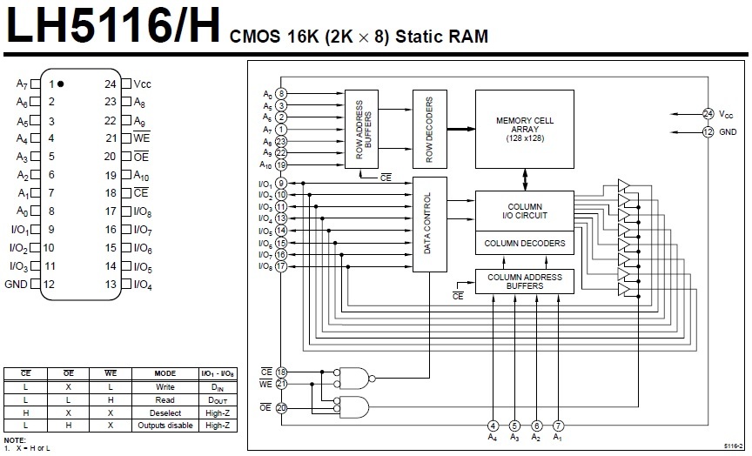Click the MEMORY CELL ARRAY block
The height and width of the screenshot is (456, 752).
point(524,129)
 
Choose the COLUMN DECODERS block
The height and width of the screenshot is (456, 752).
point(524,243)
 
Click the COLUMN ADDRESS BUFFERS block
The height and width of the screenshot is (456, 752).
point(524,281)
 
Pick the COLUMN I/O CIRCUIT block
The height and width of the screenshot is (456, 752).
point(524,210)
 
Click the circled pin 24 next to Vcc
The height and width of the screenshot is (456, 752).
point(708,113)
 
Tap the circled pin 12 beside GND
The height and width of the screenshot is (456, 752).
point(708,131)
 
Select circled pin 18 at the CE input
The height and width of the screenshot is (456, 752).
point(281,372)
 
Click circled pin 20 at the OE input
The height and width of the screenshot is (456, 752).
point(281,407)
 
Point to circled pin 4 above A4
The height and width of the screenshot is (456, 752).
point(493,426)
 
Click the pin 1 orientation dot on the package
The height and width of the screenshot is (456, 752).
point(61,84)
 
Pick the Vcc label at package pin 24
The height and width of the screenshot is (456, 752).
point(143,84)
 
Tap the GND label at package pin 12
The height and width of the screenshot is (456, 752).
point(17,284)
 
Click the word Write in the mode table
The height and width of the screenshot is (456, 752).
point(165,387)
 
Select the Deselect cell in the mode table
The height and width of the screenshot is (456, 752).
point(165,412)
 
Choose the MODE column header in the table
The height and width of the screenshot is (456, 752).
point(165,373)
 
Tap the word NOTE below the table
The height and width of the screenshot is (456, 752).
point(15,440)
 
